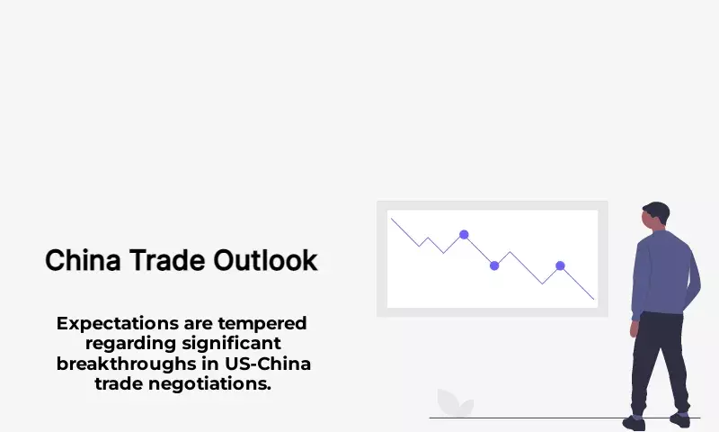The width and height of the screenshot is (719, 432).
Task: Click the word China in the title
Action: point(83,260)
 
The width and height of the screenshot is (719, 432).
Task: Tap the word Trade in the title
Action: point(167,260)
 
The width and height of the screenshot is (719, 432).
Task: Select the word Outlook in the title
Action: point(265,260)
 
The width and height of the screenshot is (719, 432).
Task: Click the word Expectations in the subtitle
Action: point(118,324)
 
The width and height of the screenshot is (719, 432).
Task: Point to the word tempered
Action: point(262,324)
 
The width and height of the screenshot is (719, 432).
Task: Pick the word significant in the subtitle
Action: point(231,344)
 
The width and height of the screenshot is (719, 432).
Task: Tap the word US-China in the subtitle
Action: point(268,364)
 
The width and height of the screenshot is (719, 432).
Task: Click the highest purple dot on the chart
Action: point(464,235)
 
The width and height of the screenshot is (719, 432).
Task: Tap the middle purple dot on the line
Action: point(494,265)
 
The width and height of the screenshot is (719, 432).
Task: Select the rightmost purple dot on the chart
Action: point(560,265)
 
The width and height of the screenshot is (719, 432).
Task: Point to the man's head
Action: point(656,215)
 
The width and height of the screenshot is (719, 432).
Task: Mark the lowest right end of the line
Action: point(594,300)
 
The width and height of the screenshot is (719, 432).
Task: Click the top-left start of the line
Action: point(391,219)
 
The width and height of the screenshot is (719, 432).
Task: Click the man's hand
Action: point(635,328)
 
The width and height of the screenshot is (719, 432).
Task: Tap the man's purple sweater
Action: point(665,274)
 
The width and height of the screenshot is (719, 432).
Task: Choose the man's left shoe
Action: point(634,422)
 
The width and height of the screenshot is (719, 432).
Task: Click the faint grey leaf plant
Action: point(455,403)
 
